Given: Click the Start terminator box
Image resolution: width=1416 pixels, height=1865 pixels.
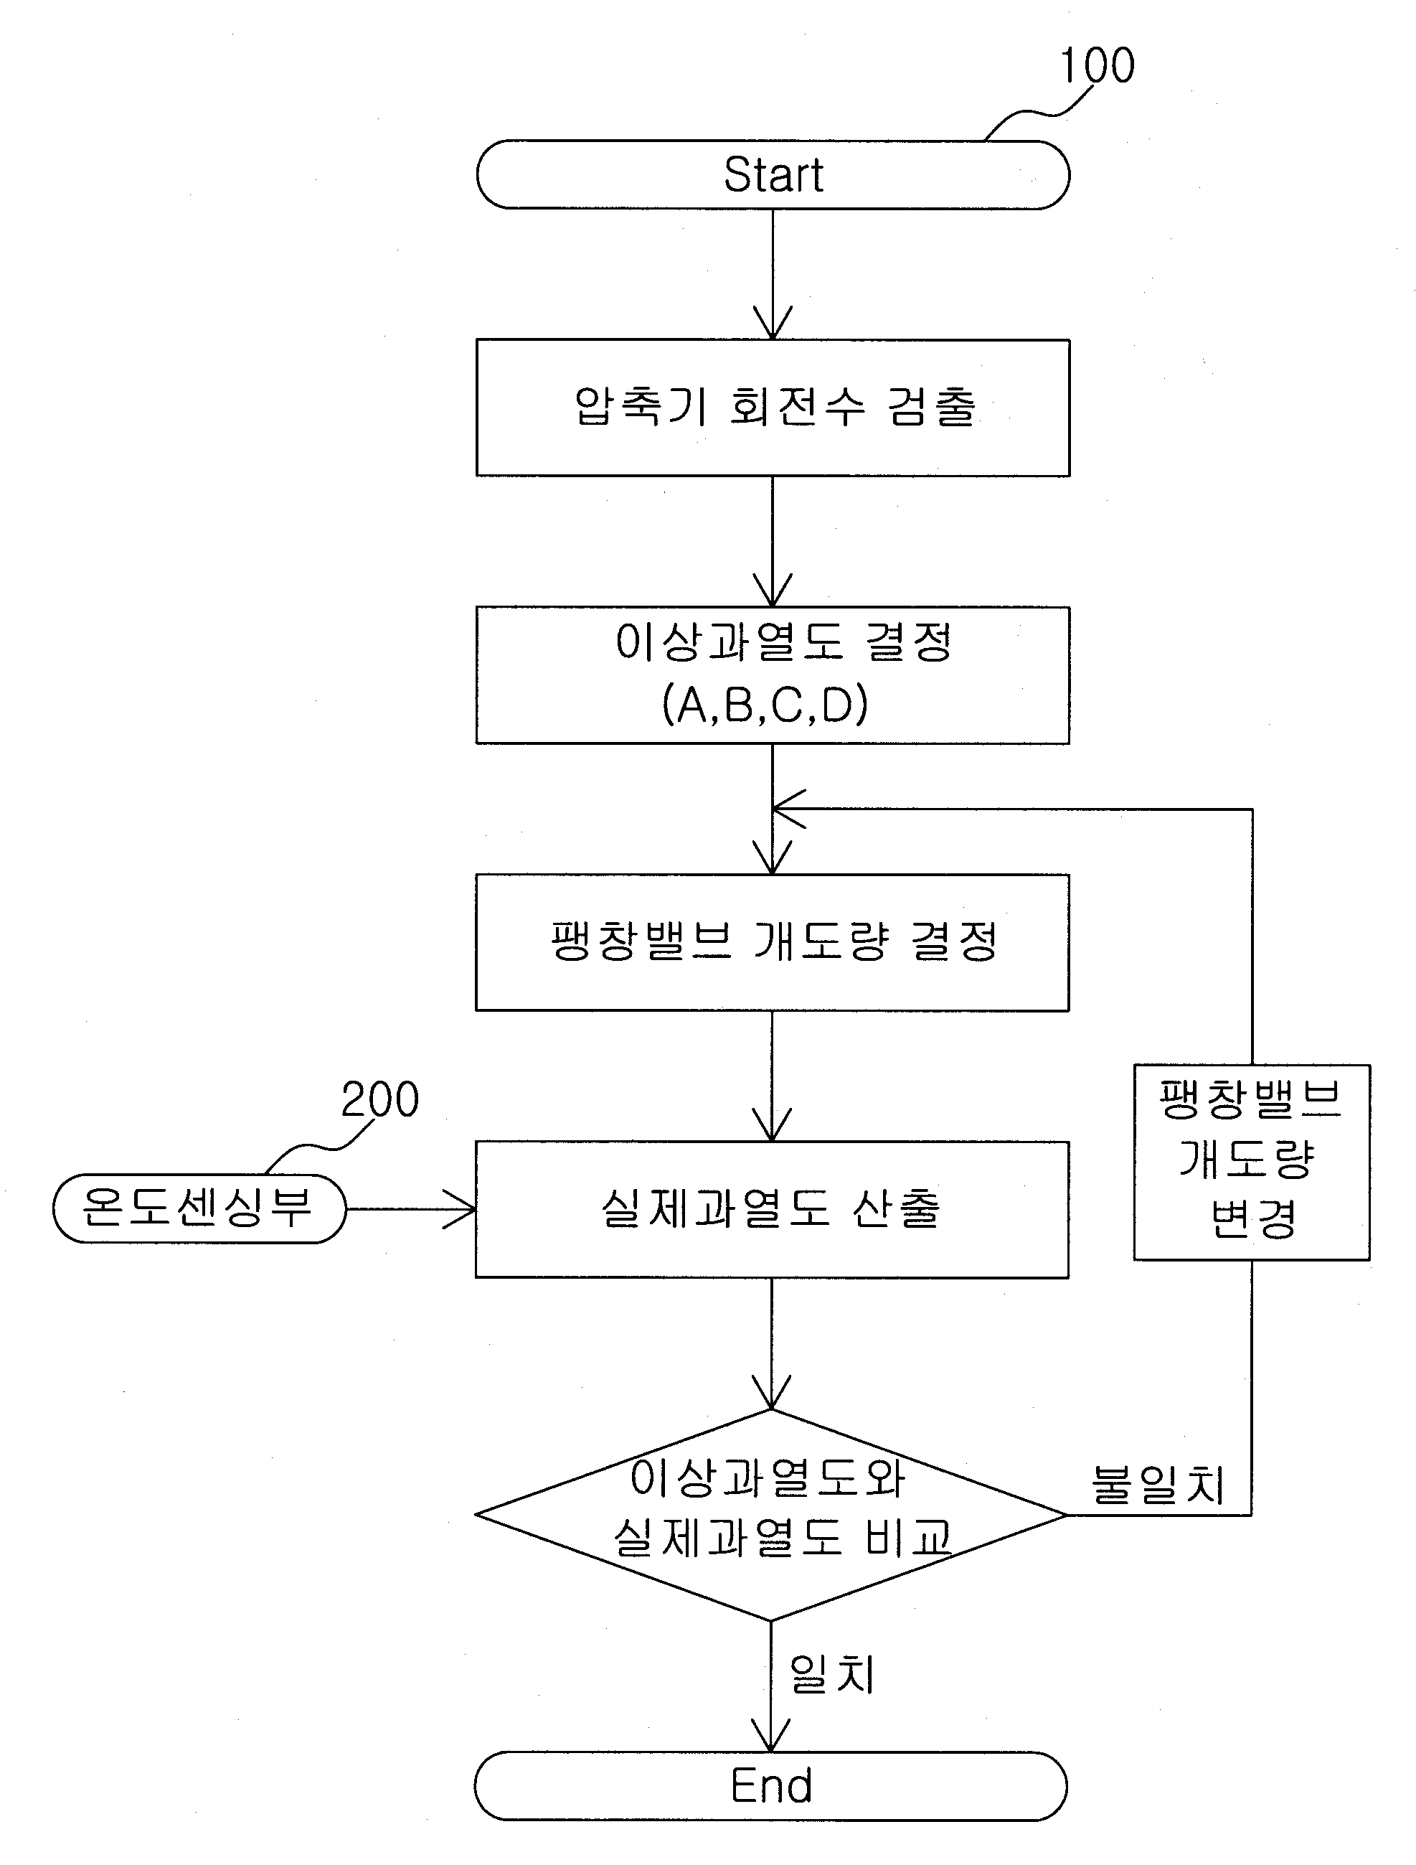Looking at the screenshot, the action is [x=773, y=174].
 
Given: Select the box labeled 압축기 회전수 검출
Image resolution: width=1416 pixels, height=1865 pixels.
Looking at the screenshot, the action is [x=773, y=408].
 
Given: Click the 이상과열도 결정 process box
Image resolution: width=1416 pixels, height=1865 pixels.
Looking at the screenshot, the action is [x=773, y=675].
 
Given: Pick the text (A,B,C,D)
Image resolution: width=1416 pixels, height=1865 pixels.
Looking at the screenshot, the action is [x=765, y=705].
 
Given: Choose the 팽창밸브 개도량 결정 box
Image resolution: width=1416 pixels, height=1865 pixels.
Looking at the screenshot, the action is [x=772, y=943].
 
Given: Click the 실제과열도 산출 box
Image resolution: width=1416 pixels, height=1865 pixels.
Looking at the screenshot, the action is [x=772, y=1210].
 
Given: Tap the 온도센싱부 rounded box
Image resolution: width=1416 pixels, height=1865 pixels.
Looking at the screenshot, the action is [x=199, y=1208].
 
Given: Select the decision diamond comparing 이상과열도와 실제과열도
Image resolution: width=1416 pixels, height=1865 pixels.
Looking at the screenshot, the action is [x=771, y=1515].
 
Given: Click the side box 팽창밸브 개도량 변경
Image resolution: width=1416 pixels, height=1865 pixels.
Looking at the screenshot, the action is [x=1252, y=1162].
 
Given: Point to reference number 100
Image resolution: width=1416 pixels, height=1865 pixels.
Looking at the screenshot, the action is [x=1097, y=66].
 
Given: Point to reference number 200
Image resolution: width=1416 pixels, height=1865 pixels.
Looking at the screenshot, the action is [x=380, y=1100].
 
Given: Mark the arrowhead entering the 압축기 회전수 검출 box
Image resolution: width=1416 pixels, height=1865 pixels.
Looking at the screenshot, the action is [x=773, y=324].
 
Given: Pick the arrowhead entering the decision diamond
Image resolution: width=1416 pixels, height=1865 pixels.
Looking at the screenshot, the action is [x=771, y=1394].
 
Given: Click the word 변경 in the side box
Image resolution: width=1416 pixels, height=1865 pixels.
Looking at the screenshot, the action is [x=1252, y=1218].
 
